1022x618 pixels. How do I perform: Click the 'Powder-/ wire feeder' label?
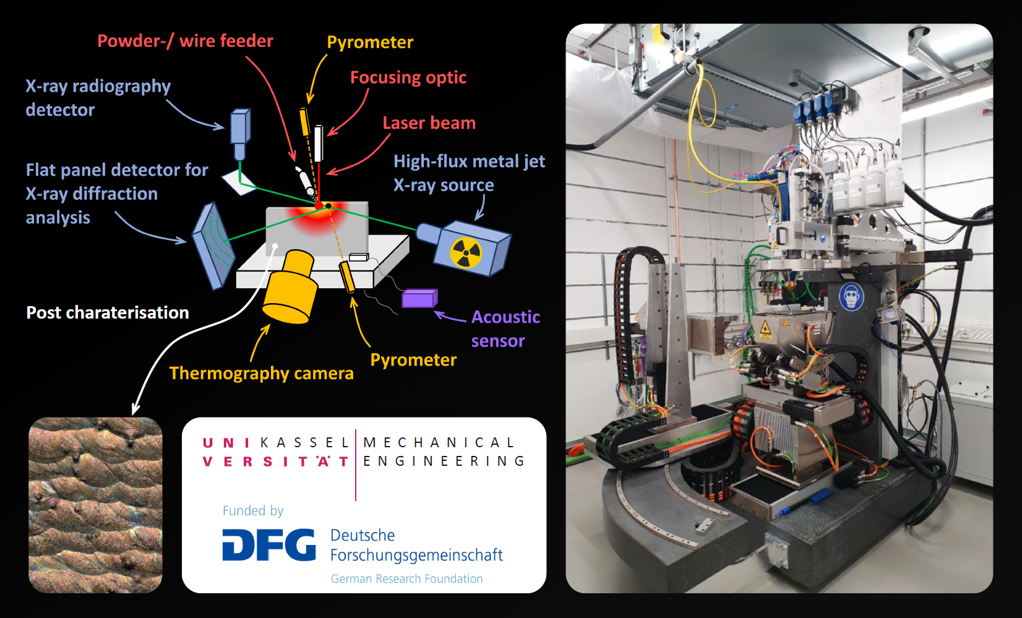point(185,41)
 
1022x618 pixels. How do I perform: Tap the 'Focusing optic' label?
point(408,77)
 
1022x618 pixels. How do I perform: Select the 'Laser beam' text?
point(429,123)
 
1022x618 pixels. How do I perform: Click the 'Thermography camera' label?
point(261,373)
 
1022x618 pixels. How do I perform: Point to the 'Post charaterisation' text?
point(108,312)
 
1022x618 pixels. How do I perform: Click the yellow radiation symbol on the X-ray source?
point(465,252)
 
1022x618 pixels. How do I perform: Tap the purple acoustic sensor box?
point(419,299)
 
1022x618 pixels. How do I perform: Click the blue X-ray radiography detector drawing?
point(240,131)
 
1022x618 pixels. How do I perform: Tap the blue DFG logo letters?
point(268,544)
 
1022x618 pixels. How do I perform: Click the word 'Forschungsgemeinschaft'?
point(416,555)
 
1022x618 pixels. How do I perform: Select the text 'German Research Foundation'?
point(406,579)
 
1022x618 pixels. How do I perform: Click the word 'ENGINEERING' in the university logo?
point(444,461)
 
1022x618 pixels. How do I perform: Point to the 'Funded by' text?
point(252,510)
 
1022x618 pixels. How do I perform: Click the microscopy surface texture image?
point(95,505)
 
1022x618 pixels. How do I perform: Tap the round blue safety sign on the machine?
point(851,297)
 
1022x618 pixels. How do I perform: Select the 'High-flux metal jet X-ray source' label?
point(469,173)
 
